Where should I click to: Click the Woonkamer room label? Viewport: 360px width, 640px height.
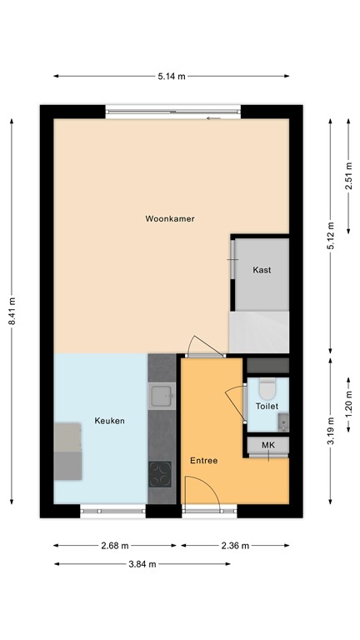(170, 219)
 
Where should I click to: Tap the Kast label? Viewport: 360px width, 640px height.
(262, 270)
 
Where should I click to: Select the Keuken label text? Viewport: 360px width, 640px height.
(109, 421)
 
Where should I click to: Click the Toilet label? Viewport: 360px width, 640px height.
(267, 407)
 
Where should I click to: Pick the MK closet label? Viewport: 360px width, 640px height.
(267, 446)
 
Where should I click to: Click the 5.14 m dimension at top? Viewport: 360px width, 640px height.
(171, 76)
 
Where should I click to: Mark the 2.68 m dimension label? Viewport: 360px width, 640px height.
(115, 546)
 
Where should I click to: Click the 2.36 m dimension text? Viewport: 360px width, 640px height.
(235, 546)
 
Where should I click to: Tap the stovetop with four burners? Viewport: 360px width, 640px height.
(159, 473)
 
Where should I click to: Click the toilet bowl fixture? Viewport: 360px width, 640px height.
(267, 390)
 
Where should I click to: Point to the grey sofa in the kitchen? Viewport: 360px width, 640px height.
(69, 451)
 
